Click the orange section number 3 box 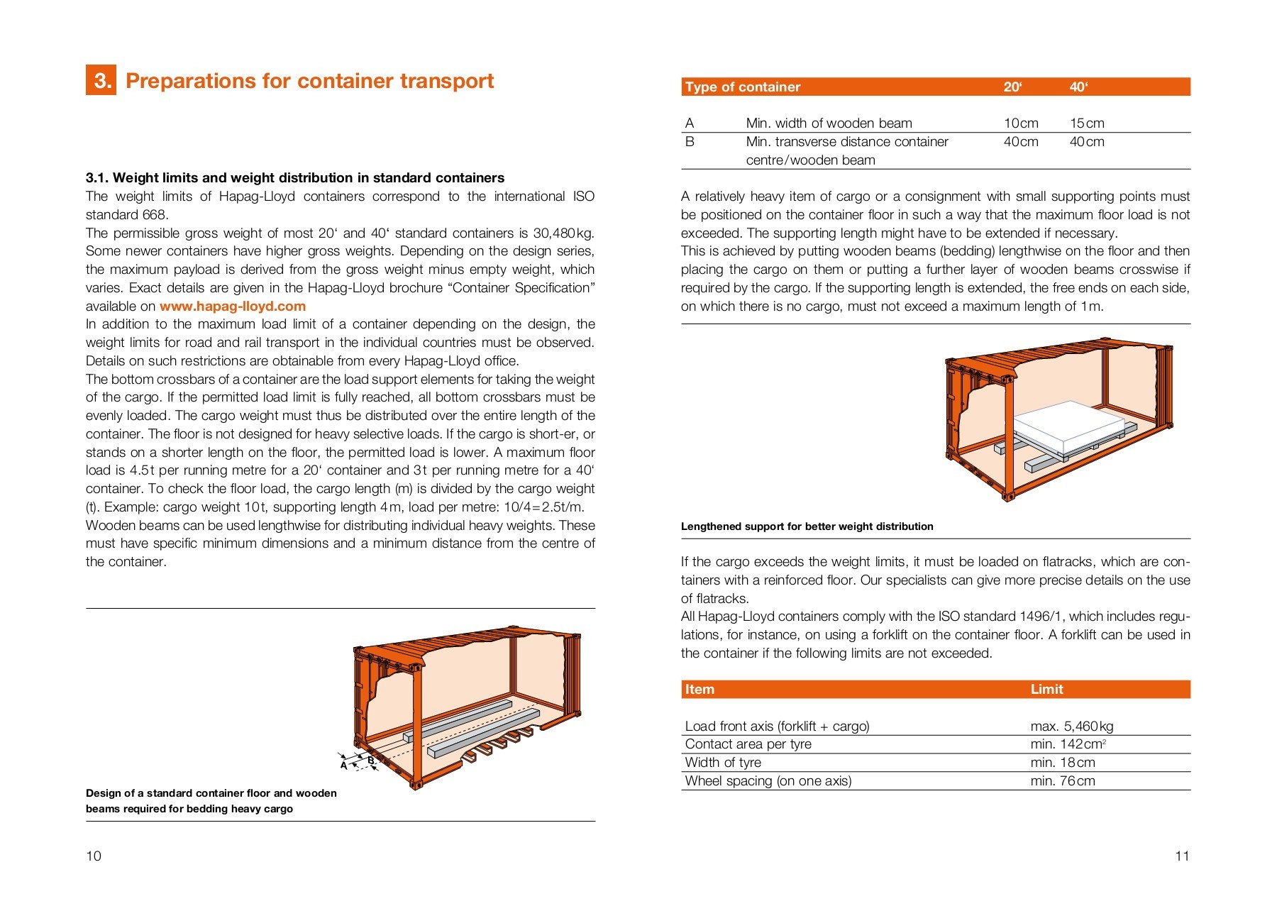pyautogui.click(x=101, y=80)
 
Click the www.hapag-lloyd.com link pyautogui.click(x=232, y=306)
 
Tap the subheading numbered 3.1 pyautogui.click(x=294, y=178)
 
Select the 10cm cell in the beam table pyautogui.click(x=1020, y=123)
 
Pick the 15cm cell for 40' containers pyautogui.click(x=1086, y=123)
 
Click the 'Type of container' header pyautogui.click(x=742, y=87)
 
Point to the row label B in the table pyautogui.click(x=690, y=142)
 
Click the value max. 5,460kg pyautogui.click(x=1071, y=727)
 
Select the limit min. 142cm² pyautogui.click(x=1068, y=744)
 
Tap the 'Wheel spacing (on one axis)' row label pyautogui.click(x=768, y=781)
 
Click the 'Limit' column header pyautogui.click(x=1046, y=690)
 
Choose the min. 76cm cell pyautogui.click(x=1062, y=781)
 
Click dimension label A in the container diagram pyautogui.click(x=344, y=766)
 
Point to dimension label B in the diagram pyautogui.click(x=370, y=761)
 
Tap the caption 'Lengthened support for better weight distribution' pyautogui.click(x=807, y=526)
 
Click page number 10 pyautogui.click(x=94, y=856)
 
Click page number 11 pyautogui.click(x=1182, y=856)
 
